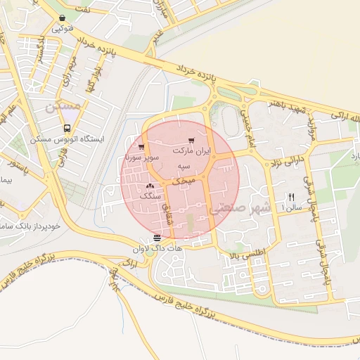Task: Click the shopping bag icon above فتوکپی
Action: [x=63, y=18]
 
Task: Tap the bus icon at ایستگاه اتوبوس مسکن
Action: [x=67, y=129]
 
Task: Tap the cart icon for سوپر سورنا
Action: [x=141, y=148]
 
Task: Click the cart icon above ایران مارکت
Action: [x=191, y=141]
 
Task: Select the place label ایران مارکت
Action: [x=191, y=151]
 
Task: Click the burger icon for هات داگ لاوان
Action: [x=157, y=237]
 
